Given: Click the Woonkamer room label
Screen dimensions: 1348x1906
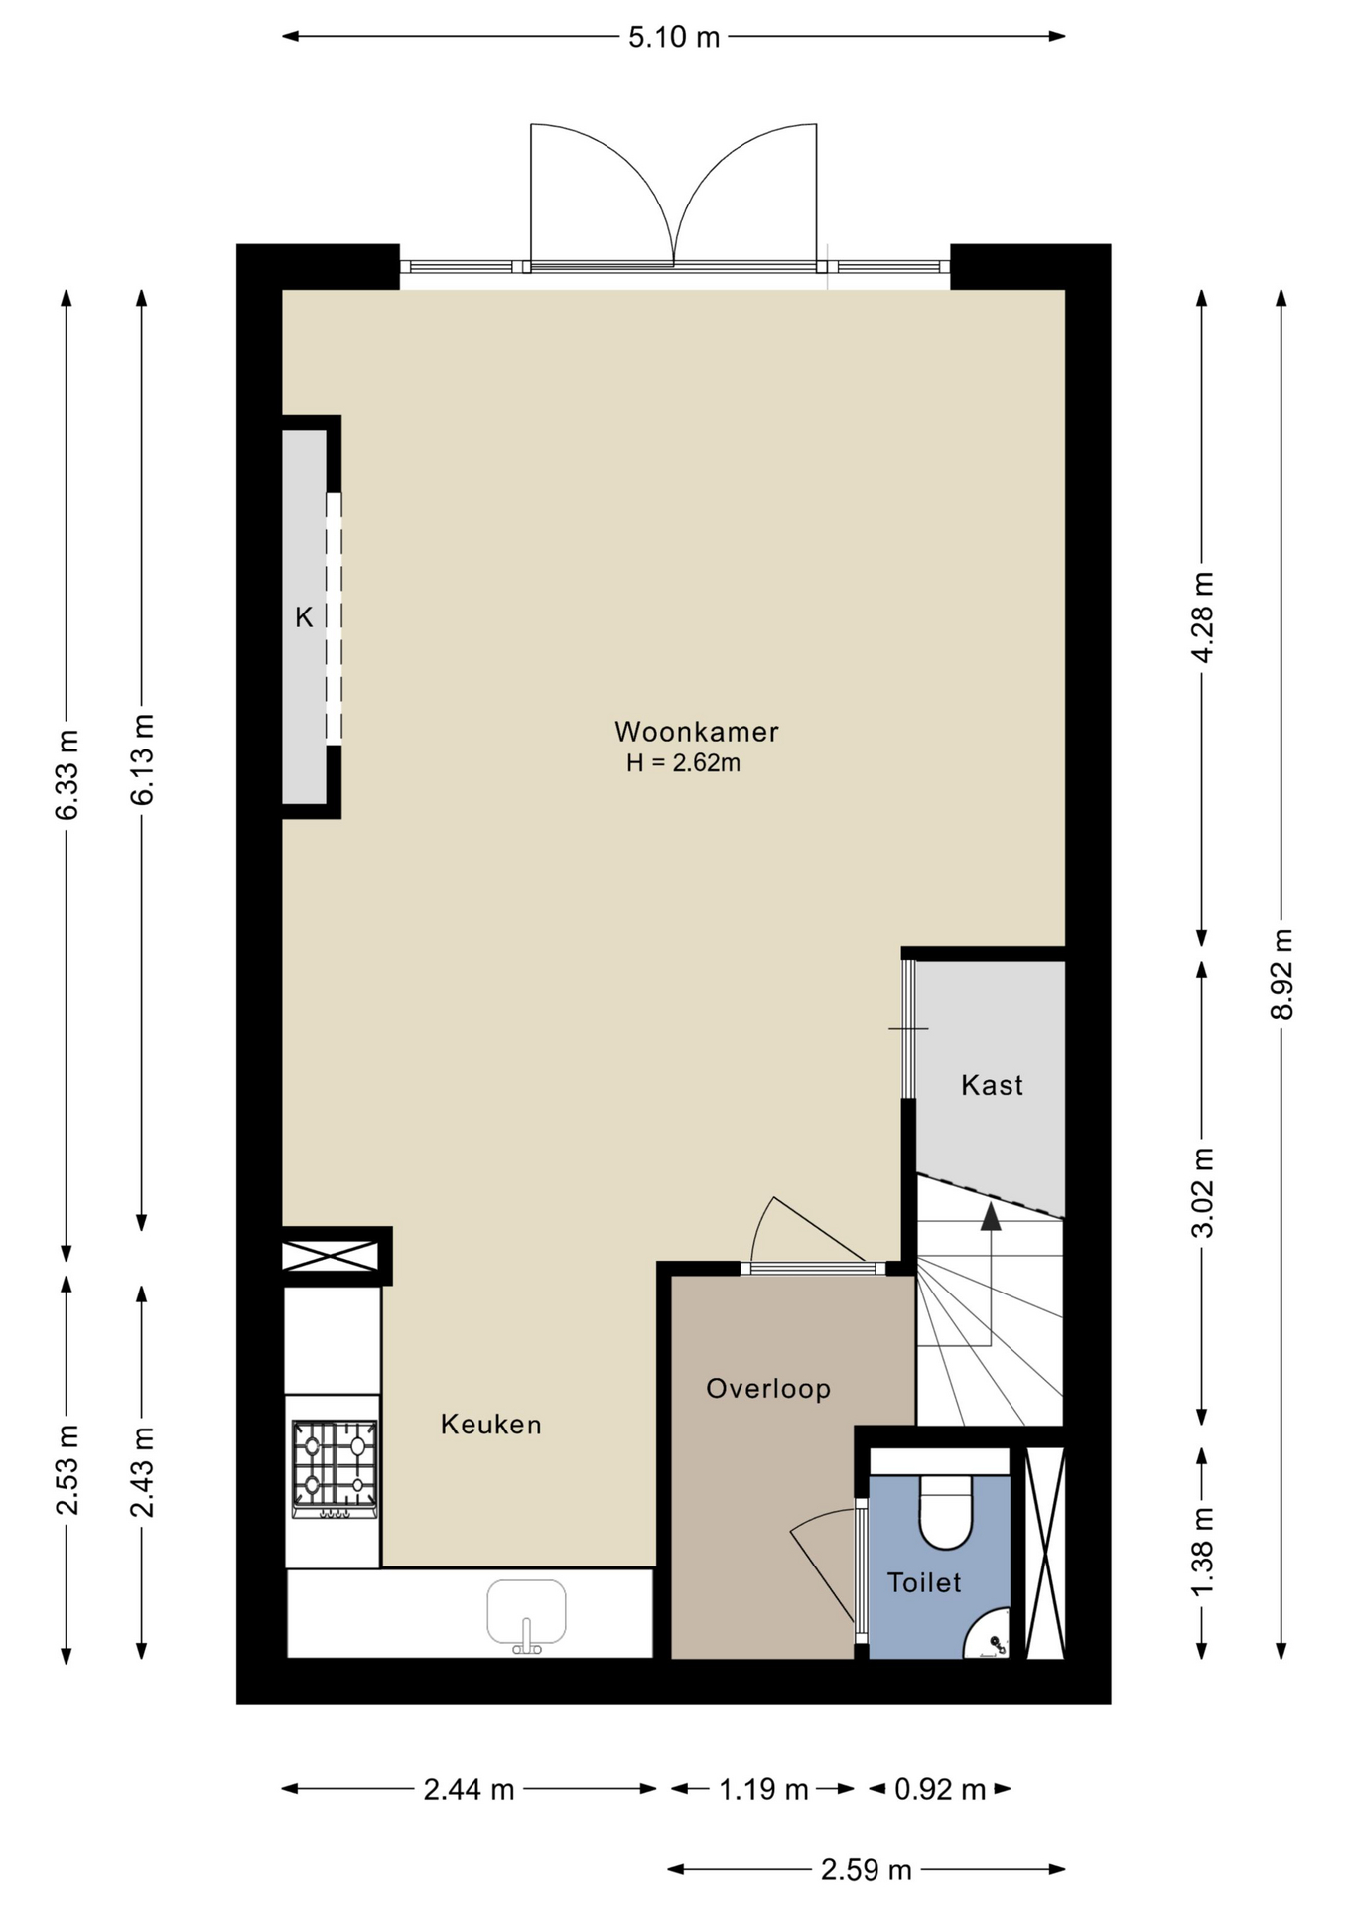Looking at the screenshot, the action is [696, 732].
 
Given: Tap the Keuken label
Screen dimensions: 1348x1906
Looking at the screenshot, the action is [491, 1425].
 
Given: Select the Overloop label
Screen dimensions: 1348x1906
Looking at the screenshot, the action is [768, 1388].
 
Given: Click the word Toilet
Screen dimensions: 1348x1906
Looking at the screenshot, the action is [924, 1582].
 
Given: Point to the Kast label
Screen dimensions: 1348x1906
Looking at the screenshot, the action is [992, 1085].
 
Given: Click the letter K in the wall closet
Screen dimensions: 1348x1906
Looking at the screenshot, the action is [304, 617].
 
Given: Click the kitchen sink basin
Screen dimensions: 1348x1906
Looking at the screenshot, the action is [526, 1612].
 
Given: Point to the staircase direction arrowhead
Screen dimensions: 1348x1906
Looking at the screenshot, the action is [991, 1217].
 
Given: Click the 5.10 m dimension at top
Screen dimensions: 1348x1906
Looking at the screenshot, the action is [674, 37].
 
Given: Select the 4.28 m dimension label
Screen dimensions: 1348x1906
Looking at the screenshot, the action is [1202, 616].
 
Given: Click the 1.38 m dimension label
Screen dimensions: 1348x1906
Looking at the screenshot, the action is [1202, 1553].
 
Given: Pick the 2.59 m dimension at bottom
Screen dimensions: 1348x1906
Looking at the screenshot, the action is [867, 1870].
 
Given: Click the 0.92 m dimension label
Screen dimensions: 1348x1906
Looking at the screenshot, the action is [940, 1789].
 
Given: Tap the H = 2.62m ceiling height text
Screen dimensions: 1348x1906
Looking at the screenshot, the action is [683, 763].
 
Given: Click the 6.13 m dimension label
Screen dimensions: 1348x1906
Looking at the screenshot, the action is [142, 759].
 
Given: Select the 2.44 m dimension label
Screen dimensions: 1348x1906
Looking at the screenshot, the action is [469, 1789].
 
